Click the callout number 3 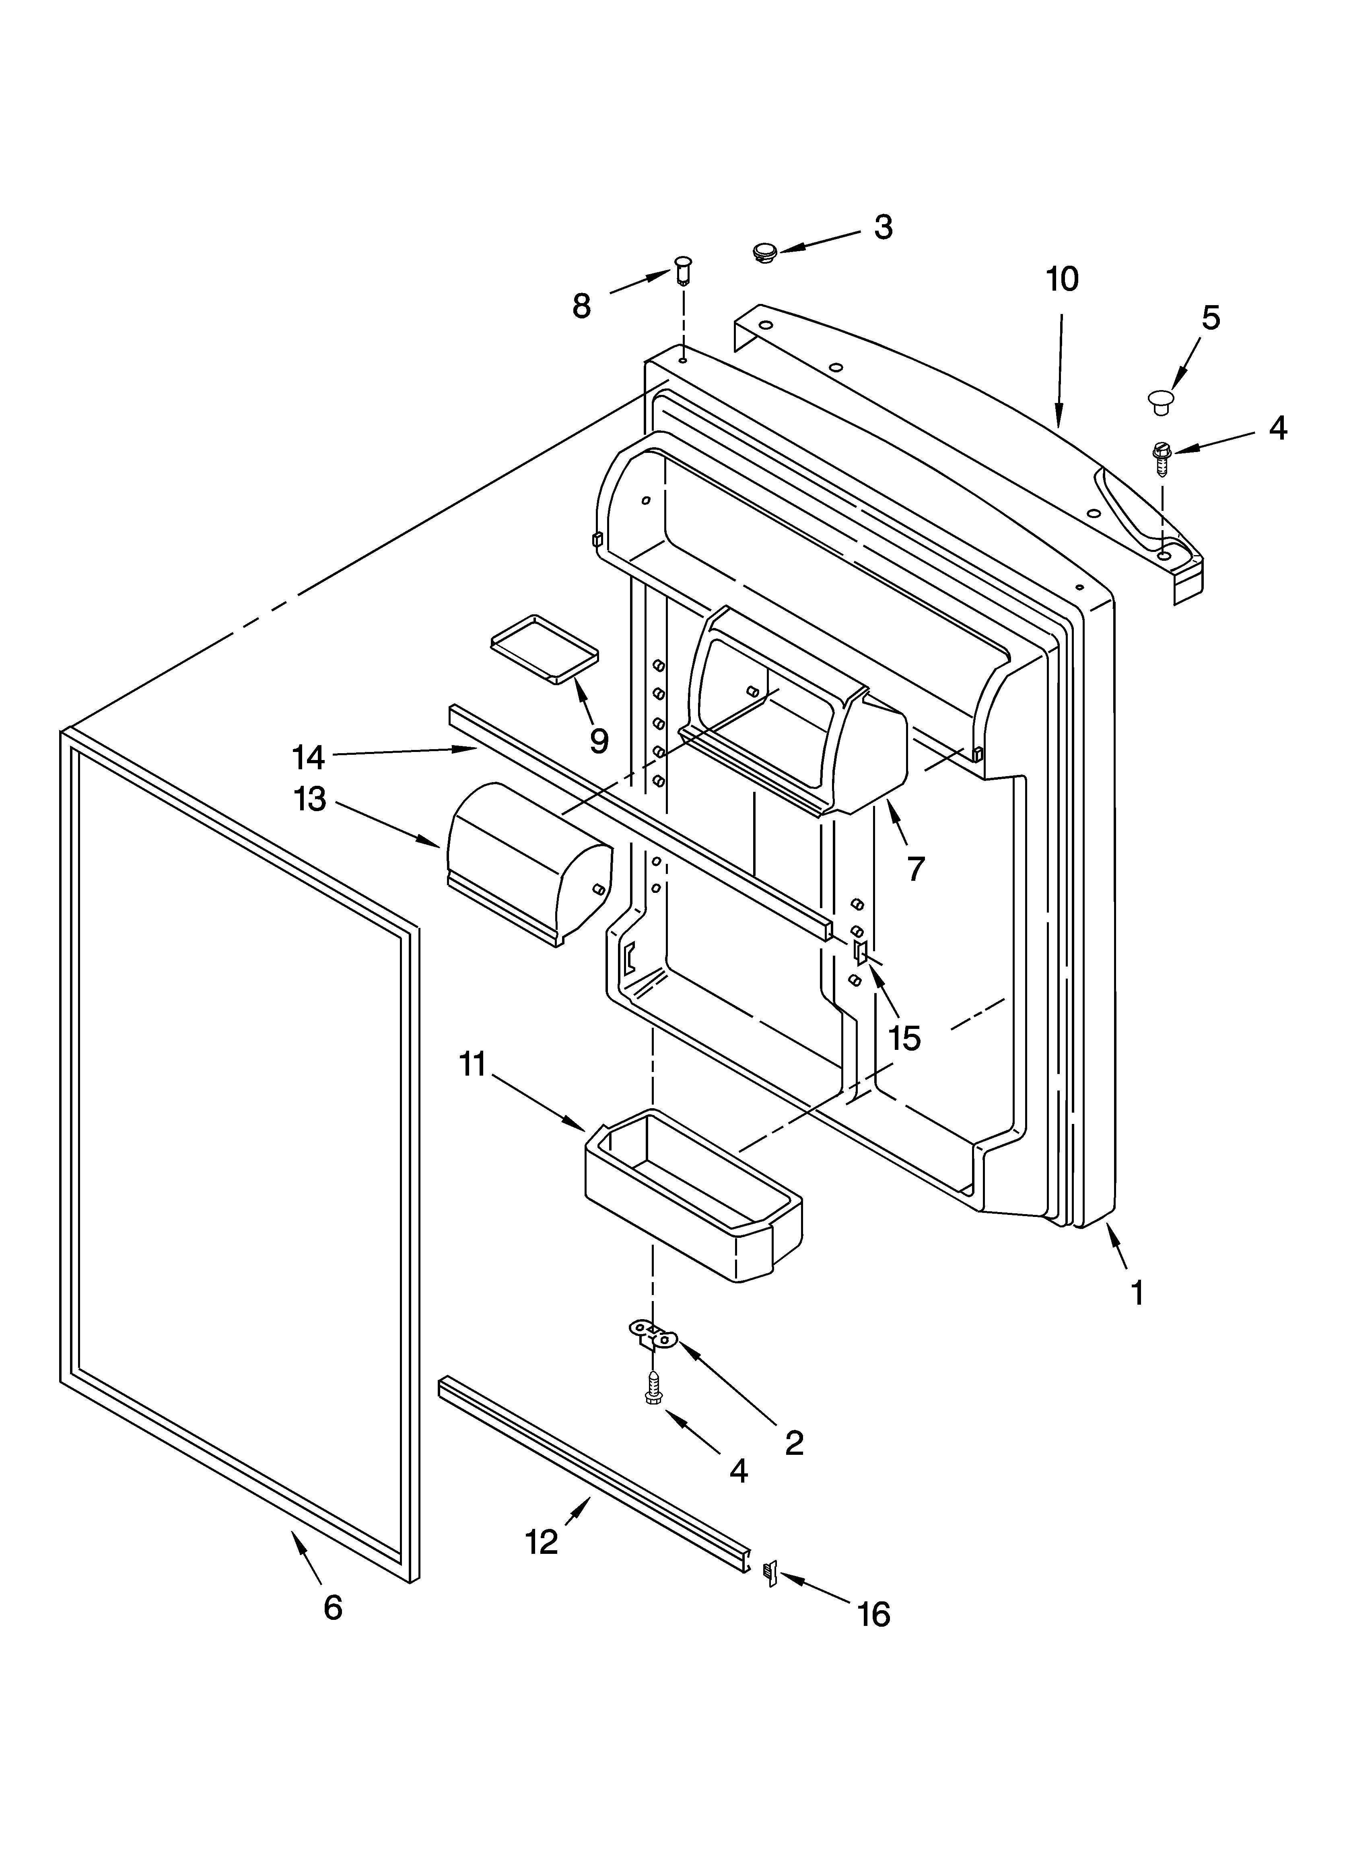click(883, 227)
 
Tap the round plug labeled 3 click(765, 251)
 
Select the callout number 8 click(582, 306)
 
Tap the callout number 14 click(309, 756)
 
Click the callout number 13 click(310, 799)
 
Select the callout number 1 click(1136, 1292)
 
